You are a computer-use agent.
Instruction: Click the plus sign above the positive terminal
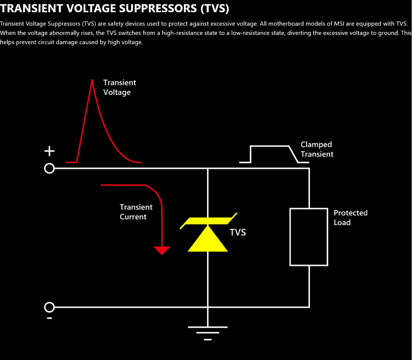coord(49,151)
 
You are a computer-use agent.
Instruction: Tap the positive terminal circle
coord(49,169)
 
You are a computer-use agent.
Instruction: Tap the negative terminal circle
coord(49,307)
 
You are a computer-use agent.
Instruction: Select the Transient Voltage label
coord(119,87)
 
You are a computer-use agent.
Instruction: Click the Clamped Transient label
coord(317,149)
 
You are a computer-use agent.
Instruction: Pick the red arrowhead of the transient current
coord(162,250)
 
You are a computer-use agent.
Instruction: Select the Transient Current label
coord(136,212)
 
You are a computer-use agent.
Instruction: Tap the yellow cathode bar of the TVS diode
coord(208,221)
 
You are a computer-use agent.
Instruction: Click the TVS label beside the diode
coord(238,232)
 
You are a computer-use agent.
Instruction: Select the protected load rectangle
coord(309,237)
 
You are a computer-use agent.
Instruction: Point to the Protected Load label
coord(350,218)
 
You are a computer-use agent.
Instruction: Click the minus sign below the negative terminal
coord(50,318)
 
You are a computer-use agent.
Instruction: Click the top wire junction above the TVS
coord(208,169)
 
